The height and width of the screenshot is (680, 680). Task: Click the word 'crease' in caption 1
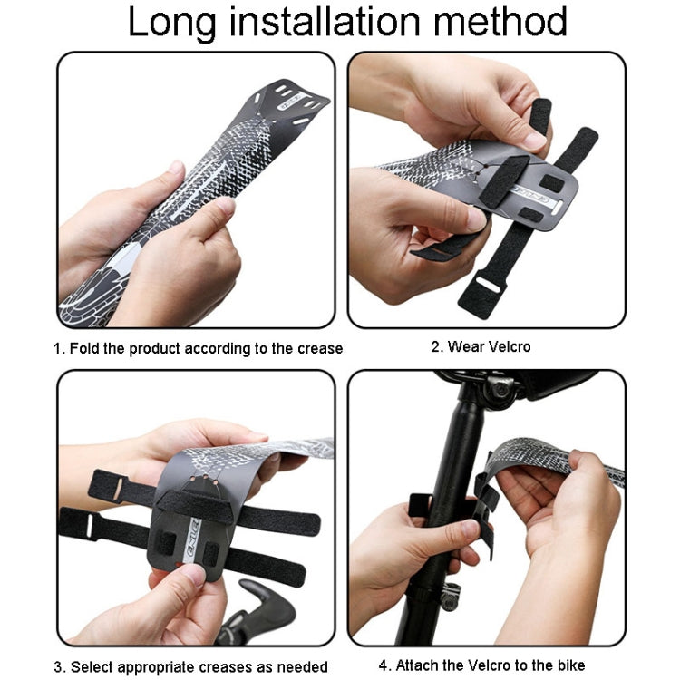(319, 349)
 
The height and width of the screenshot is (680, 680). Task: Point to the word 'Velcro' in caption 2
(507, 346)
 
